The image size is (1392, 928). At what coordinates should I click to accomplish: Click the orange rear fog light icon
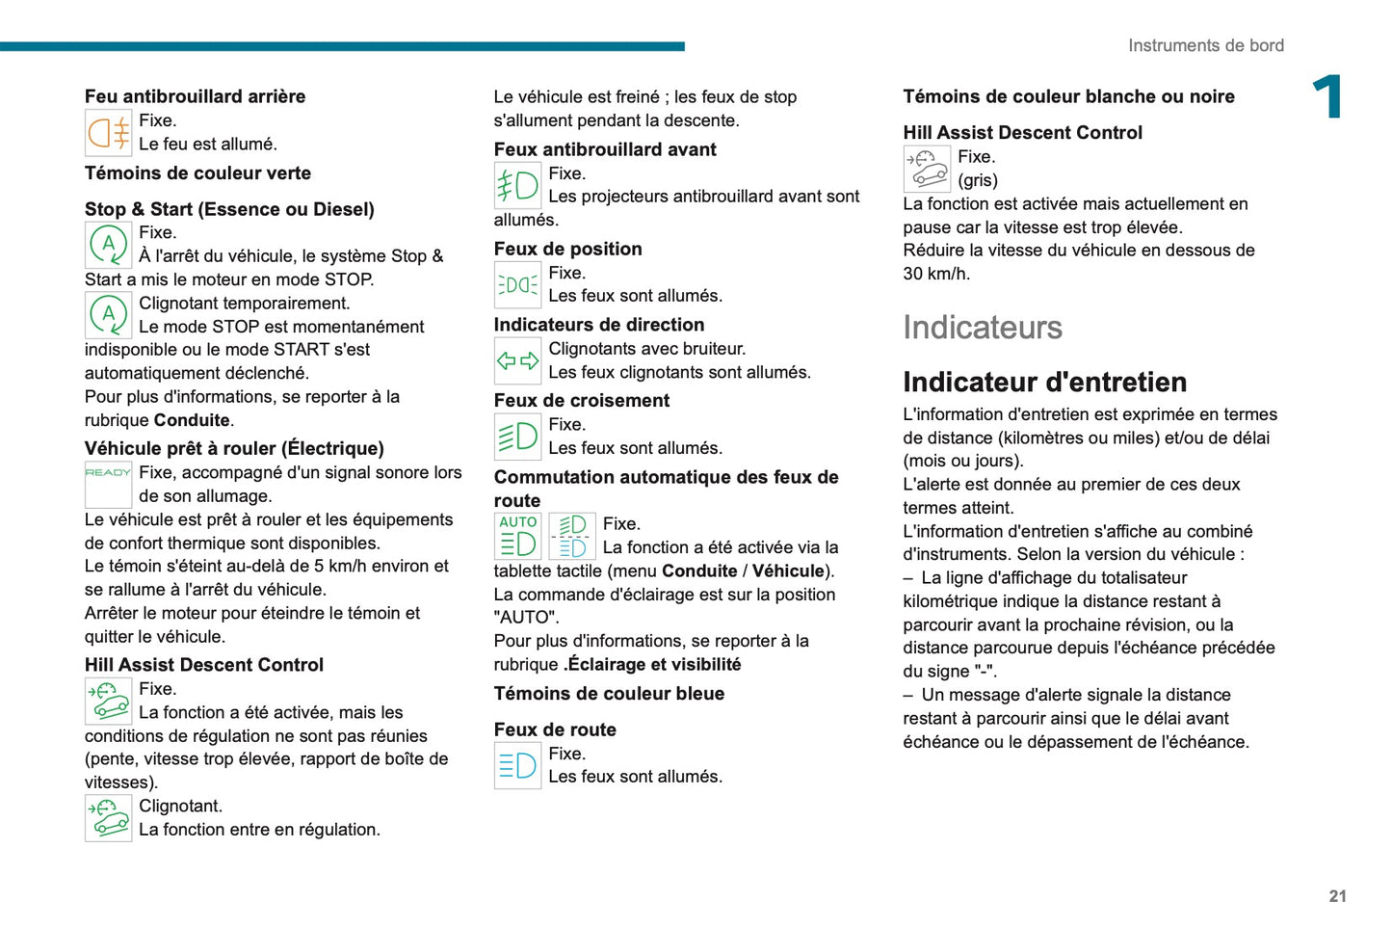[x=108, y=133]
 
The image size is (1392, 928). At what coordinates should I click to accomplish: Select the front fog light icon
[x=517, y=185]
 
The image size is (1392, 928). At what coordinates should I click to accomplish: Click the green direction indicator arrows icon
[x=517, y=361]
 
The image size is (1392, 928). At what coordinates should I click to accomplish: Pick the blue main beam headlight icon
[x=517, y=766]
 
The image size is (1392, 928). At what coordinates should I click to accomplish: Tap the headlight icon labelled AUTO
[x=517, y=536]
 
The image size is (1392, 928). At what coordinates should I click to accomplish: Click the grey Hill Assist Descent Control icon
[x=927, y=169]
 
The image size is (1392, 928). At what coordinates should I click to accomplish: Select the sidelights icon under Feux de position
[x=517, y=285]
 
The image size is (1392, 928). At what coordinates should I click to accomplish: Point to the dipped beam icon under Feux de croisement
[x=517, y=437]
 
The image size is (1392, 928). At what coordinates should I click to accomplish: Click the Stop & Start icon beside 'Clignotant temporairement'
[x=108, y=315]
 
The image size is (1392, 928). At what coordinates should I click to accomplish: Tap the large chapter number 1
[x=1327, y=97]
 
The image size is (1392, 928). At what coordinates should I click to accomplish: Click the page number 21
[x=1337, y=896]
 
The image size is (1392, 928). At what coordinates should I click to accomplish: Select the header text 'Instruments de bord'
[x=1205, y=45]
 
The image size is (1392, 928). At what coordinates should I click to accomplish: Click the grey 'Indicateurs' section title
[x=982, y=328]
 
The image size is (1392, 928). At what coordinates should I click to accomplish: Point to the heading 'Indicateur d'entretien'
[x=1044, y=383]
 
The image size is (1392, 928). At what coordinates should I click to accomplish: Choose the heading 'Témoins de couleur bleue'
[x=609, y=694]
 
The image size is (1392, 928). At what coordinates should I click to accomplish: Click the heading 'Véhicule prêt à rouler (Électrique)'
[x=234, y=448]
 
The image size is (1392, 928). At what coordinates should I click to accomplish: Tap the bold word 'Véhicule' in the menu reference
[x=788, y=571]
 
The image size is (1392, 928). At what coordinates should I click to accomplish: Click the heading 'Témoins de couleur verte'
[x=197, y=173]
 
